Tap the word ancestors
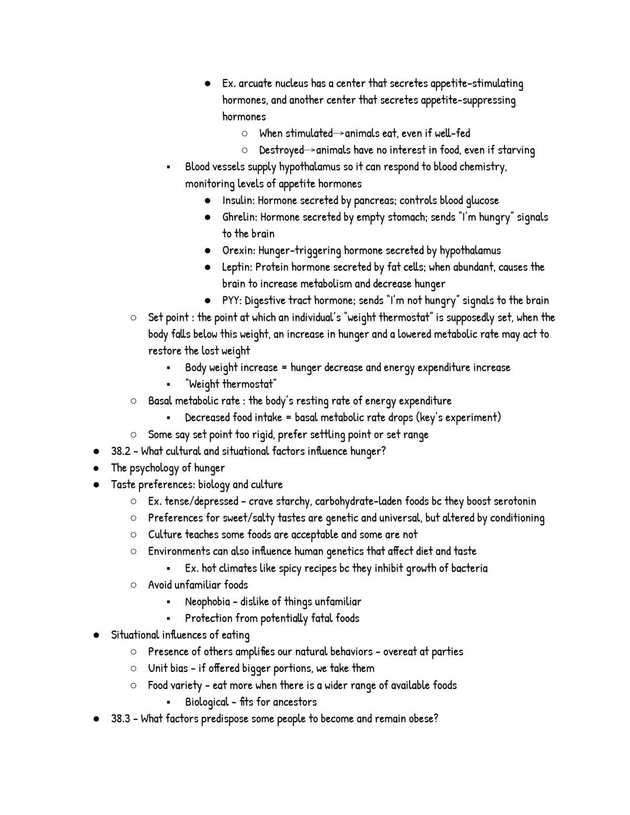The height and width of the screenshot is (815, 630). (295, 702)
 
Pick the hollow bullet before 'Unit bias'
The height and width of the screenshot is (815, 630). (134, 669)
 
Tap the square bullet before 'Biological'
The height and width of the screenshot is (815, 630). (169, 702)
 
